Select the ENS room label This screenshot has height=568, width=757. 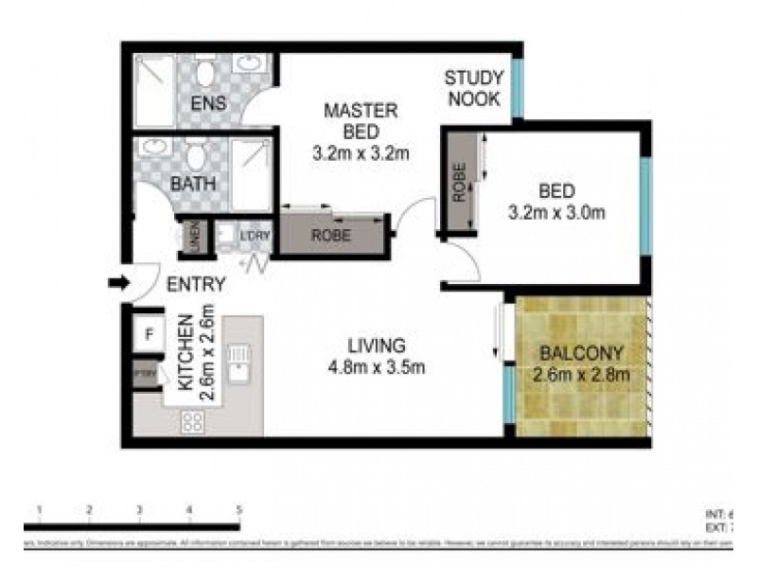[x=208, y=103]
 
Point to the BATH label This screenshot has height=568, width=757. [x=193, y=184]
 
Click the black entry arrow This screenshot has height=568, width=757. [x=119, y=282]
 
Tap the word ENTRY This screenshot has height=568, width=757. [x=196, y=284]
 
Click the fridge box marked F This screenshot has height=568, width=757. [x=149, y=334]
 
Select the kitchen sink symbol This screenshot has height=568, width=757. [x=240, y=361]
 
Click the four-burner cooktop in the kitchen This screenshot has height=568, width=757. [x=193, y=420]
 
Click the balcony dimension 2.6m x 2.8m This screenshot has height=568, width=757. [x=580, y=374]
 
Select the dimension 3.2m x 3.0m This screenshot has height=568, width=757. [x=557, y=212]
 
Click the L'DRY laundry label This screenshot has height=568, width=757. [x=252, y=235]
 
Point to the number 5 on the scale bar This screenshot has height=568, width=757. [x=239, y=510]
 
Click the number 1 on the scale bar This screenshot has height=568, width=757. [x=39, y=510]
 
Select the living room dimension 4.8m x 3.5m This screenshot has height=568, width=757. [x=375, y=366]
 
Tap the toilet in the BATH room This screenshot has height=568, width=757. [x=196, y=154]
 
